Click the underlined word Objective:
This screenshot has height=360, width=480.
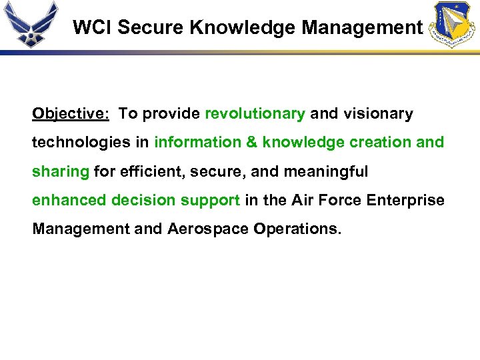(x=71, y=114)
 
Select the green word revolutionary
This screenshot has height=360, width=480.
(x=255, y=114)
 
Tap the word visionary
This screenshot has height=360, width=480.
(x=378, y=114)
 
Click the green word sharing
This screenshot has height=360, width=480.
(x=61, y=171)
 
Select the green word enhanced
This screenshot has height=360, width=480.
(x=69, y=200)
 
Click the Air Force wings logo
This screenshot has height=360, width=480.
(x=30, y=24)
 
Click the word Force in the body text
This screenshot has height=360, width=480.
(x=339, y=200)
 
